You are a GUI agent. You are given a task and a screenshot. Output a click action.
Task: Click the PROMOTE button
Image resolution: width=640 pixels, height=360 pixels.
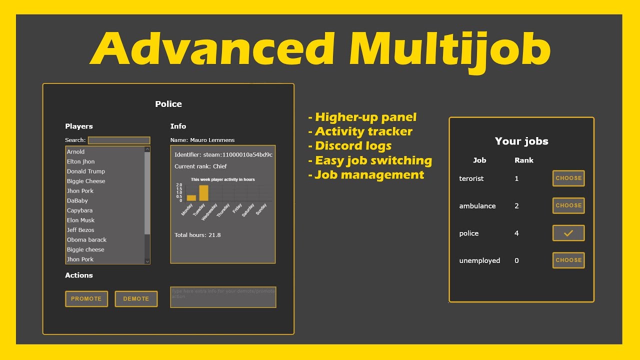point(86,298)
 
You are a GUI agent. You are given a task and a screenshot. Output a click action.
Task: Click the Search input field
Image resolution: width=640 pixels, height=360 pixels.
point(119,140)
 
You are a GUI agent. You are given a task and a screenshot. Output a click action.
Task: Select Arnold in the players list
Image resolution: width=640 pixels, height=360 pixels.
point(76,151)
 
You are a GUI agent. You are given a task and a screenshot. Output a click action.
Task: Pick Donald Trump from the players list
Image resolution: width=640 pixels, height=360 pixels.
point(86,171)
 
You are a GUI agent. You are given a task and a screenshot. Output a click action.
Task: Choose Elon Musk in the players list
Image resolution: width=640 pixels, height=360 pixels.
point(80,220)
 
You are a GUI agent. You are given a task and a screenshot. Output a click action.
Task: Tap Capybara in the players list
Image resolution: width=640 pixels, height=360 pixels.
point(79,210)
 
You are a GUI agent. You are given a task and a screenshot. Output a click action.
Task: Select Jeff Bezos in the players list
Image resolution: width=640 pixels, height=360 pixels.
point(80,230)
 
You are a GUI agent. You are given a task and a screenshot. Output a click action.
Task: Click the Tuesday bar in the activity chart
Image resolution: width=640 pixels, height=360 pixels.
point(203,193)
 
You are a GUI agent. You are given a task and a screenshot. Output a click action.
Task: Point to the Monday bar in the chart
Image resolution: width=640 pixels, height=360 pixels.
point(191,198)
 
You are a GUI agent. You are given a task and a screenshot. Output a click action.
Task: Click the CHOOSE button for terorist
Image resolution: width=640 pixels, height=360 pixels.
point(568,178)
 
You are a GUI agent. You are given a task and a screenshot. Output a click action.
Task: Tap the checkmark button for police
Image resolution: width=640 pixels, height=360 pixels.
point(568,233)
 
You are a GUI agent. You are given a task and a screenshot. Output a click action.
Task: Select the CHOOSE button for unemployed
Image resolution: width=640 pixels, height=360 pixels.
point(568,260)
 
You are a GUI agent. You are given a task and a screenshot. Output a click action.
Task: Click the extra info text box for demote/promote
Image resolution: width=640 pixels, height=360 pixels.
point(223,297)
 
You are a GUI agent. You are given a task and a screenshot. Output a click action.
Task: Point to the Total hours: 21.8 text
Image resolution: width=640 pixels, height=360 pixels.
point(197,235)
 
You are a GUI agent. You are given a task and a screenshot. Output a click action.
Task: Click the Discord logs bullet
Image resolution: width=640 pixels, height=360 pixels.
point(353,146)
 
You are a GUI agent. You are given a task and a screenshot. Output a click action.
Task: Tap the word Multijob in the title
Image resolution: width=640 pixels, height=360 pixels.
point(449,49)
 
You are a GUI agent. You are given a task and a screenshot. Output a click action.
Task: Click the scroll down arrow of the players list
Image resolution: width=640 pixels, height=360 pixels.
point(147,261)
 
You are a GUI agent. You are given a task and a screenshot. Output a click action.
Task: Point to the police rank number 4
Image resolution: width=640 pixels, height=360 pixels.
point(516,233)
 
